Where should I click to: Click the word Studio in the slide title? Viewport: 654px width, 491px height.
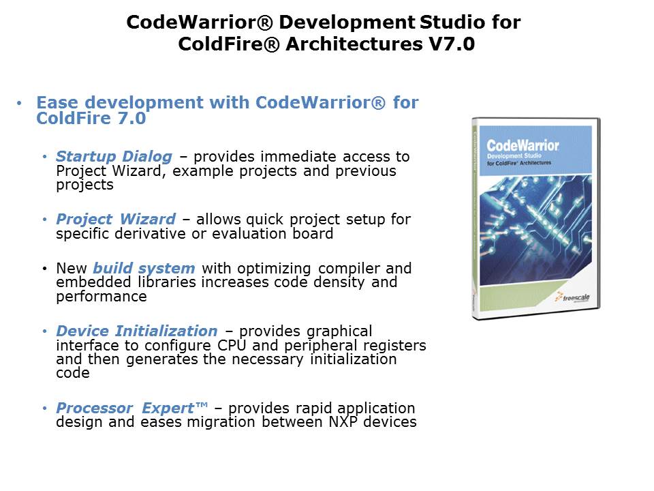(452, 22)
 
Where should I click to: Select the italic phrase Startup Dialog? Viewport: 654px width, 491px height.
(114, 157)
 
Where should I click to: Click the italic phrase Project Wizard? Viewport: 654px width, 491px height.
(116, 219)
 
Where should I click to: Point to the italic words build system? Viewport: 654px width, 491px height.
(144, 269)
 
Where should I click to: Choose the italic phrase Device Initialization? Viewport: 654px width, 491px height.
(137, 331)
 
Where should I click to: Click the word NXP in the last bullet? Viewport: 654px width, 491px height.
(343, 421)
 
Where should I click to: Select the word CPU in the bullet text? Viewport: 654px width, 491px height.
(232, 345)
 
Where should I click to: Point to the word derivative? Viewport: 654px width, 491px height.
(150, 233)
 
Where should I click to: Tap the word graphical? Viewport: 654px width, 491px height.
(339, 331)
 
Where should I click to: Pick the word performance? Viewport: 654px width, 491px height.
(102, 297)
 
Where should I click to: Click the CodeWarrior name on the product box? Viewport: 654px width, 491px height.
(523, 146)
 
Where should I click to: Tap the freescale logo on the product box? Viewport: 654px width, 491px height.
(572, 297)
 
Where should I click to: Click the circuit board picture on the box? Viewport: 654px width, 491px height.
(535, 230)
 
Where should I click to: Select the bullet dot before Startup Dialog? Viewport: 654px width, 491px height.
(45, 157)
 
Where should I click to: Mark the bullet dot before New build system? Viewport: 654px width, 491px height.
(45, 269)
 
